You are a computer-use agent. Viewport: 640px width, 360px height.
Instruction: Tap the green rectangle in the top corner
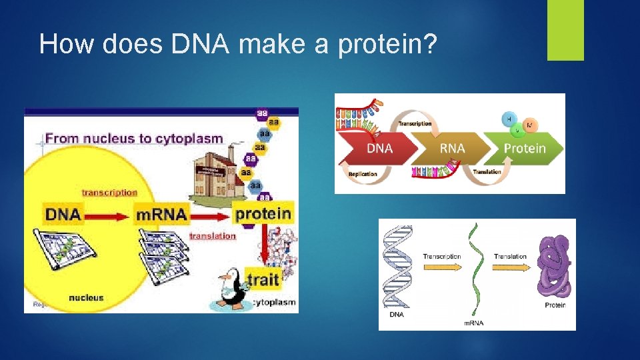pyautogui.click(x=565, y=30)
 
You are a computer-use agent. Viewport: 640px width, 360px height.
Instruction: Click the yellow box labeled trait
pyautogui.click(x=263, y=279)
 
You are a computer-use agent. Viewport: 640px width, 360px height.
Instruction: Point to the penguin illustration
pyautogui.click(x=231, y=287)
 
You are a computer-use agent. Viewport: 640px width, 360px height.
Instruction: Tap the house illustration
pyautogui.click(x=214, y=167)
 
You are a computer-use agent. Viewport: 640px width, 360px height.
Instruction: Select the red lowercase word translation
pyautogui.click(x=213, y=236)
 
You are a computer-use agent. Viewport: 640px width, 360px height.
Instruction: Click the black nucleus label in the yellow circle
pyautogui.click(x=86, y=297)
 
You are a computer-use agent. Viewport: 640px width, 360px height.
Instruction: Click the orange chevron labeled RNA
pyautogui.click(x=451, y=149)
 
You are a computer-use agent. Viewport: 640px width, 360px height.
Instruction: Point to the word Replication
pyautogui.click(x=363, y=174)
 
